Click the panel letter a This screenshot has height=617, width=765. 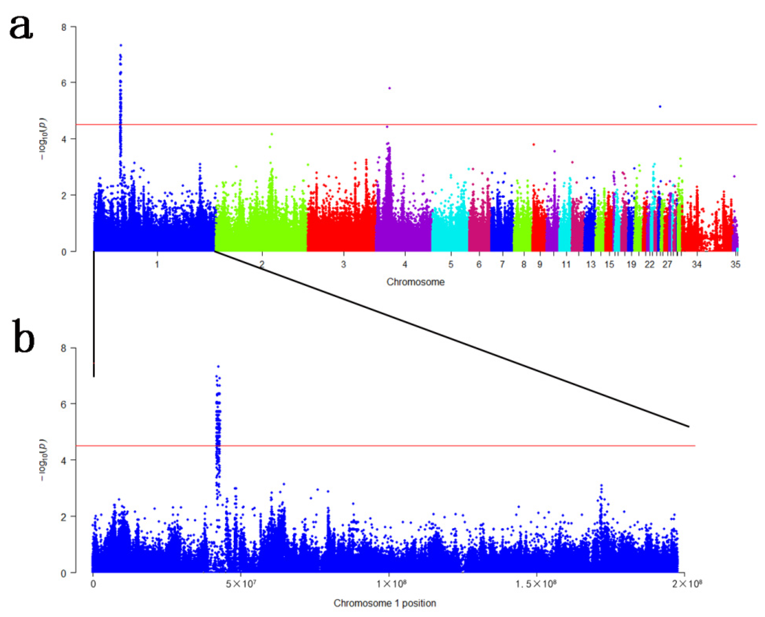pyautogui.click(x=21, y=28)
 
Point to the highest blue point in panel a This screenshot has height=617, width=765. pyautogui.click(x=121, y=45)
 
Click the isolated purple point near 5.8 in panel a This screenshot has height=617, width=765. pyautogui.click(x=390, y=88)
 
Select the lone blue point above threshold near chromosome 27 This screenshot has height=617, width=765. pyautogui.click(x=660, y=106)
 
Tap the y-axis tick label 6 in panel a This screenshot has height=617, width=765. pyautogui.click(x=64, y=83)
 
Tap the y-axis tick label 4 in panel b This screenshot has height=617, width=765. pyautogui.click(x=64, y=460)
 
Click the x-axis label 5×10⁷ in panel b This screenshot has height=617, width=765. pyautogui.click(x=241, y=584)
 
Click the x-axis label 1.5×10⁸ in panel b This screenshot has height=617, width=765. pyautogui.click(x=536, y=584)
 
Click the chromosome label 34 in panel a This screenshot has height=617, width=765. pyautogui.click(x=697, y=264)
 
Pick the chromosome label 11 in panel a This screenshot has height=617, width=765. pyautogui.click(x=566, y=264)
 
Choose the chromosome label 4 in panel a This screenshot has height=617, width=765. pyautogui.click(x=405, y=264)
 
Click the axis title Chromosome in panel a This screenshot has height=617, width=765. pyautogui.click(x=415, y=282)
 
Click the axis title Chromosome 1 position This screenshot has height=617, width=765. pyautogui.click(x=385, y=603)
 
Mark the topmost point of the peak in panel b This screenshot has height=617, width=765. pyautogui.click(x=218, y=366)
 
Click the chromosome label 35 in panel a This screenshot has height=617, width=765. pyautogui.click(x=735, y=264)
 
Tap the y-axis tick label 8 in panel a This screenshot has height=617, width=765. pyautogui.click(x=64, y=27)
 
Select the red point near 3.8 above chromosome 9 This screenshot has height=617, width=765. pyautogui.click(x=533, y=144)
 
